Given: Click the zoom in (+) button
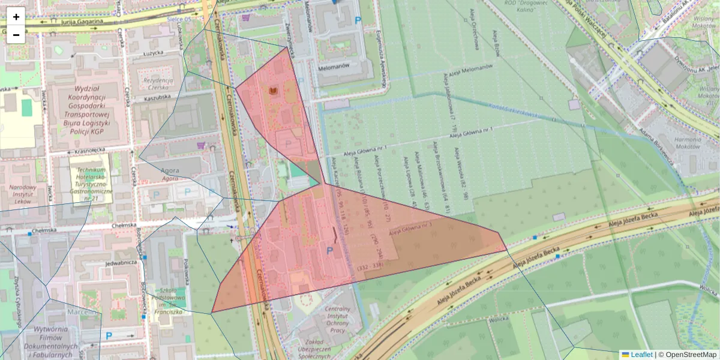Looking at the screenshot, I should click(x=16, y=16).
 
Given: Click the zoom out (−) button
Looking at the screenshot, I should click(x=16, y=35).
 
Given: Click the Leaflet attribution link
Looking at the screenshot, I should click(x=641, y=355).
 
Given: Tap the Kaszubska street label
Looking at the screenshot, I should click(x=158, y=96).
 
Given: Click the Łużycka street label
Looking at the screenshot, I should click(x=157, y=53).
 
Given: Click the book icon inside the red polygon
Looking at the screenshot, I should click(x=273, y=91).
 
